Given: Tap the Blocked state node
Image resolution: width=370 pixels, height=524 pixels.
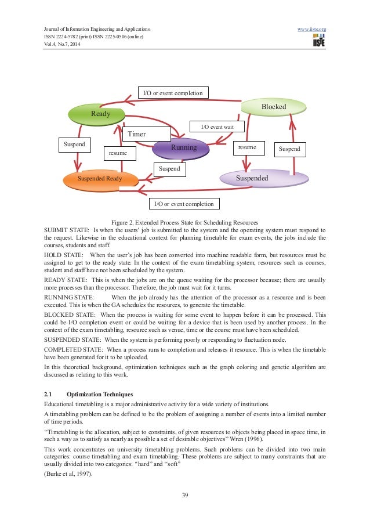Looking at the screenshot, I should coord(273,107).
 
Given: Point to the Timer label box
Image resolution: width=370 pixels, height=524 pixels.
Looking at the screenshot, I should coord(137,134).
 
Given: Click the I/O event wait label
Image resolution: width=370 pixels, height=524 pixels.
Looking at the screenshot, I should coord(217,126).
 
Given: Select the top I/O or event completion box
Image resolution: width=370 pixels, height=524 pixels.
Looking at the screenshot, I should coord(172,93).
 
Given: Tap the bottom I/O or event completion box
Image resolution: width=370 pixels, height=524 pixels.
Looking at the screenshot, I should coord(184,204).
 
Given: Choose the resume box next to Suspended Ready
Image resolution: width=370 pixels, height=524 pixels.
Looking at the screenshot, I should coord(119,153).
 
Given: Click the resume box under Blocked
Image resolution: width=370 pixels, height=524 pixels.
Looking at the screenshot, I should coord(248,148).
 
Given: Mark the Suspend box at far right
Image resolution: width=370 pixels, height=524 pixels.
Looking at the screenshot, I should coord(289,149).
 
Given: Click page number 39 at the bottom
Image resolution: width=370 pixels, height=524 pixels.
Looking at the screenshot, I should coord(184,495).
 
